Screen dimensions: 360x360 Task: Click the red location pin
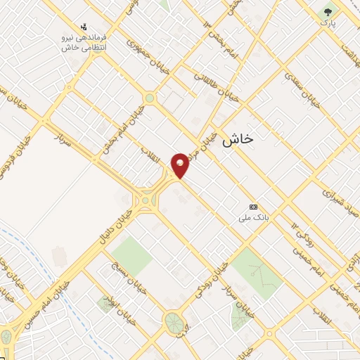[x=181, y=165]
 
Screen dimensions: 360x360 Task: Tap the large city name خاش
[x=236, y=139]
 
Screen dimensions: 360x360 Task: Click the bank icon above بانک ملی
[x=253, y=207]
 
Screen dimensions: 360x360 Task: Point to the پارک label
[x=328, y=23]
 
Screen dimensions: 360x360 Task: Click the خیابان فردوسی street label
[x=18, y=141]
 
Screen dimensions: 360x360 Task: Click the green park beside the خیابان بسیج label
[x=131, y=255]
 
